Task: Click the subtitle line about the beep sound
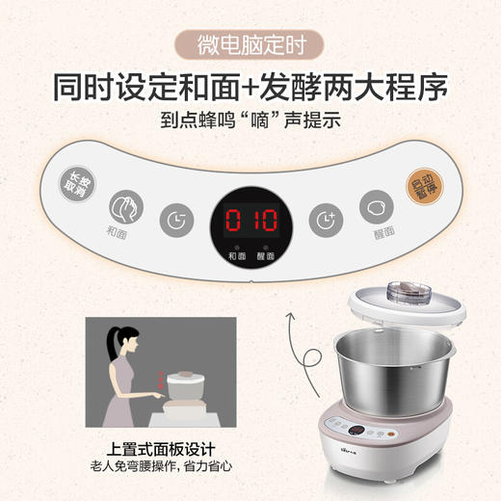click(250, 122)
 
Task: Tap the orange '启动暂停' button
click(420, 182)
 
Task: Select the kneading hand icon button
click(124, 205)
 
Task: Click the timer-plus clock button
click(326, 220)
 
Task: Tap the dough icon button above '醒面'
click(377, 206)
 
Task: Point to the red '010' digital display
click(250, 221)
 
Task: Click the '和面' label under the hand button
click(118, 233)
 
